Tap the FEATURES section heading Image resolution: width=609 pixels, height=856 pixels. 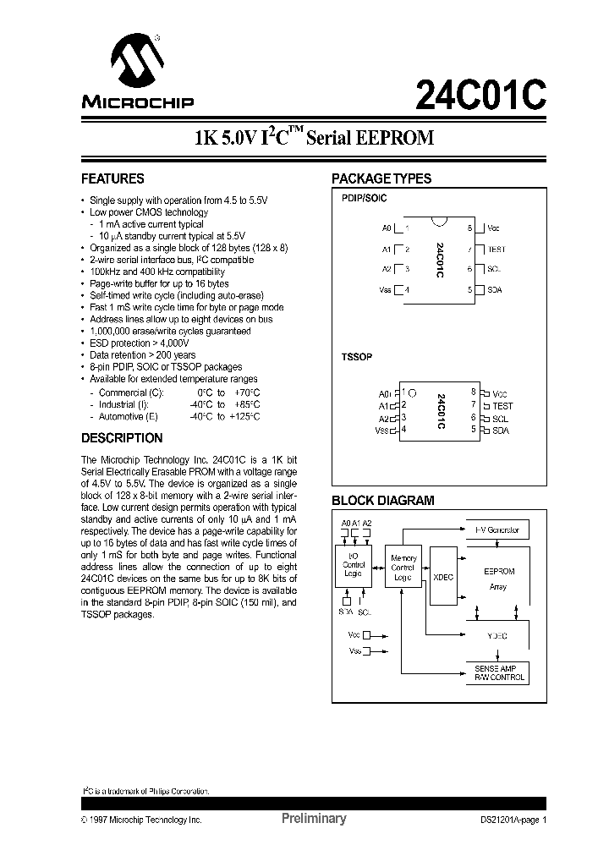click(112, 179)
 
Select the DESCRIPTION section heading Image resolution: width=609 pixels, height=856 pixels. click(122, 438)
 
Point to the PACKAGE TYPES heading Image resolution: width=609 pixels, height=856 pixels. click(381, 179)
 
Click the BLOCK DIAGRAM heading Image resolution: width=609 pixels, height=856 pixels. click(382, 501)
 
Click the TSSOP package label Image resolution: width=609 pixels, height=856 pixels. click(356, 358)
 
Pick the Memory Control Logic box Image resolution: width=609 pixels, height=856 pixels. click(403, 568)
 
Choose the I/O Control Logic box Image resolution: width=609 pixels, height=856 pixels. click(353, 563)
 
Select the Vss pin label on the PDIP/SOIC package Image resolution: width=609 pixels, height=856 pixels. click(386, 290)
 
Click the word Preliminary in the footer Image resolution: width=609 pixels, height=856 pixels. click(313, 819)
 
